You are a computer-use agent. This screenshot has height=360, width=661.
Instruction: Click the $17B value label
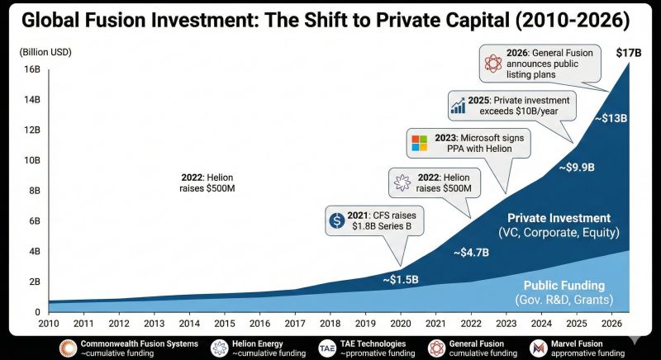(x=630, y=53)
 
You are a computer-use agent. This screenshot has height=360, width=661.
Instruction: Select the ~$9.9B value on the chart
(x=576, y=168)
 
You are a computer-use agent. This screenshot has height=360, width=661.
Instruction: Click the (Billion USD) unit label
(x=45, y=53)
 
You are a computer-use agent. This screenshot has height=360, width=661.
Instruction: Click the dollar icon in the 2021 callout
(x=336, y=220)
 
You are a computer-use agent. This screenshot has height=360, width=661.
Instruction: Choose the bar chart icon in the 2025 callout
(x=458, y=106)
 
